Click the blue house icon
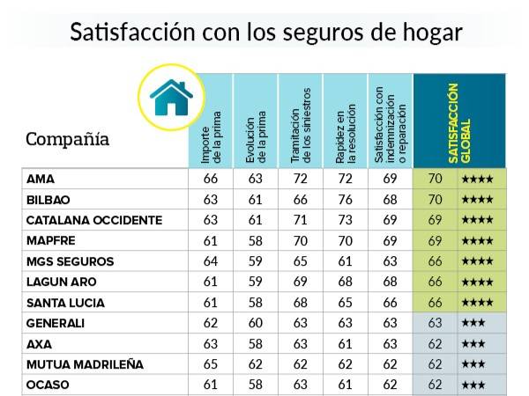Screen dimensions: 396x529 tap(171, 97)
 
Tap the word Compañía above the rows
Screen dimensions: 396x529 tap(68, 139)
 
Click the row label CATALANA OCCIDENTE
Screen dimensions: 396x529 tap(94, 219)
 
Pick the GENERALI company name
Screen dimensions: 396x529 tap(56, 323)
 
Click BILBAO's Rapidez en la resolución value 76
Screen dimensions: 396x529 tap(345, 199)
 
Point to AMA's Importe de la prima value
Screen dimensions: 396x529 tap(211, 179)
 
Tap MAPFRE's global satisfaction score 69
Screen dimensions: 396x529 tap(434, 240)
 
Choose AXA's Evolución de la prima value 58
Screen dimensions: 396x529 tap(256, 343)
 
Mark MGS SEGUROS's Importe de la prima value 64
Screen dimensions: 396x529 tap(211, 260)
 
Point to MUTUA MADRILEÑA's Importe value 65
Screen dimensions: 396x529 tap(211, 363)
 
